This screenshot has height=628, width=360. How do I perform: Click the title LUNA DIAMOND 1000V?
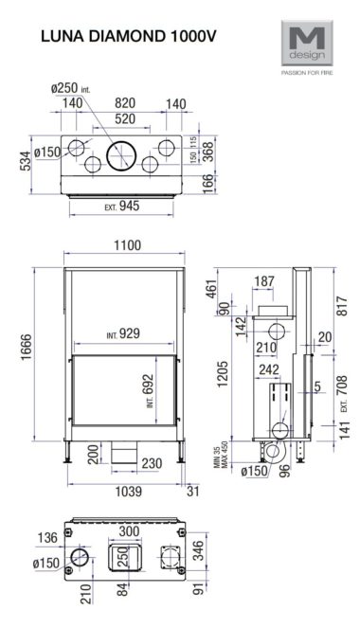[x=129, y=36]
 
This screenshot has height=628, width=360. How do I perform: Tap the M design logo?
[x=307, y=43]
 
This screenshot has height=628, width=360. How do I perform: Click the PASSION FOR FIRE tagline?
[x=307, y=73]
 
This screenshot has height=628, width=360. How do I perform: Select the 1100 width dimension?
[x=127, y=245]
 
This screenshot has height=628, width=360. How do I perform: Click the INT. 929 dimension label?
[x=123, y=333]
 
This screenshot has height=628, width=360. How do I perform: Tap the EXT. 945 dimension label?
[x=122, y=206]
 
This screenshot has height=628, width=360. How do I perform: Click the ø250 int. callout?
[x=70, y=88]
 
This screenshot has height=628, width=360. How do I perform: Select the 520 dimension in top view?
[x=125, y=119]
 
